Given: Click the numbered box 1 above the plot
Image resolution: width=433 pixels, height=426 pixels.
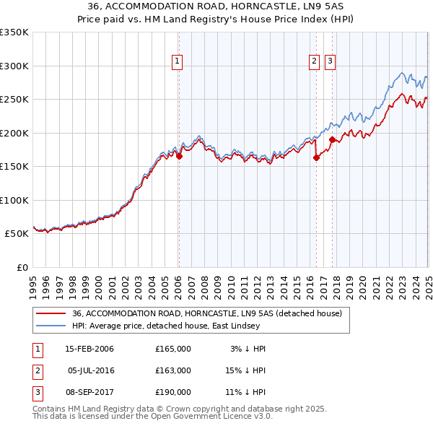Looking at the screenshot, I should [x=178, y=62].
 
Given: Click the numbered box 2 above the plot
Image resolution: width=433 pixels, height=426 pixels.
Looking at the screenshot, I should [x=315, y=62].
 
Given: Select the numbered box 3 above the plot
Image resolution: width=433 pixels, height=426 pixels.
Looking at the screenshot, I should [x=330, y=62].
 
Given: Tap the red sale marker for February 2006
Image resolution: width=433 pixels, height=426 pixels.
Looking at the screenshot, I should [x=179, y=156].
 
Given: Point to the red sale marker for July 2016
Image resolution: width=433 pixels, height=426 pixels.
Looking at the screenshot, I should [x=316, y=158].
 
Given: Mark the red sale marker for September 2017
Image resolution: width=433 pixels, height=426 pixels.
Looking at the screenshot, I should [x=331, y=139].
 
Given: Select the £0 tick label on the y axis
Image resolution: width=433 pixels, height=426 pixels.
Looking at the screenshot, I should [x=21, y=267].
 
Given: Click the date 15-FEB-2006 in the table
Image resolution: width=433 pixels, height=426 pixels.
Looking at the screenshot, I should [x=89, y=349].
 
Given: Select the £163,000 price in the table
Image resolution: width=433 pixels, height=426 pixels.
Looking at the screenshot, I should [x=173, y=370].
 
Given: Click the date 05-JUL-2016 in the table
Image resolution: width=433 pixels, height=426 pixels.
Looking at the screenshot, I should [x=91, y=370].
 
